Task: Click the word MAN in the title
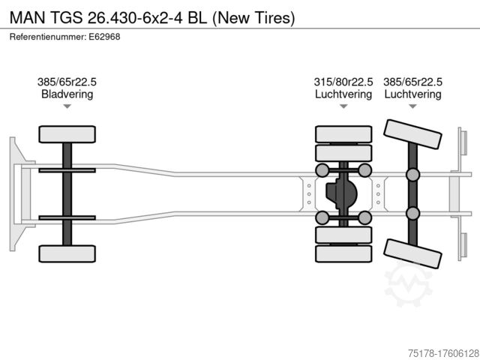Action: (x=26, y=16)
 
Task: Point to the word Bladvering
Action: (x=67, y=94)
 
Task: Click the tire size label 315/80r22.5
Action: (x=343, y=82)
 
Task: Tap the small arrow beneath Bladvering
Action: (x=67, y=107)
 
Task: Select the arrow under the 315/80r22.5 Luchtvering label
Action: (x=343, y=107)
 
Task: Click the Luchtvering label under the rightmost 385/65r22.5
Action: (x=412, y=94)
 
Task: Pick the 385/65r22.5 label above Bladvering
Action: (x=67, y=82)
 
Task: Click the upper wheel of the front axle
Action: (x=67, y=135)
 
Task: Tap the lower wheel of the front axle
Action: (x=67, y=253)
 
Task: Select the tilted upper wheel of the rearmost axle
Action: (x=412, y=139)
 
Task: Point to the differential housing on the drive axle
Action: (x=341, y=194)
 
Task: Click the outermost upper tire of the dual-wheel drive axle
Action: (x=343, y=133)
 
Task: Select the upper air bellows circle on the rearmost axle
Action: (x=412, y=175)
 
